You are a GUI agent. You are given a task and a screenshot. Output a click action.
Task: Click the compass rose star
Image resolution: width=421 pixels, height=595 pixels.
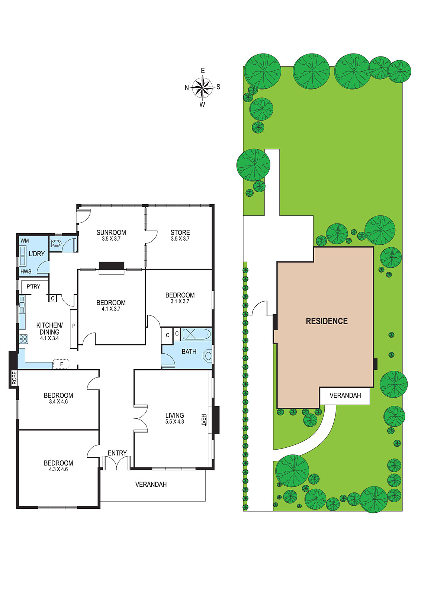coord(202,87)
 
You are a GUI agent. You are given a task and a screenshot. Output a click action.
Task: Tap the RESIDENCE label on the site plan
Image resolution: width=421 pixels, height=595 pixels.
coord(327,321)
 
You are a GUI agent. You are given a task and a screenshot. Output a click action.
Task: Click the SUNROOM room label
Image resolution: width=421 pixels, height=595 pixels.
coord(111,232)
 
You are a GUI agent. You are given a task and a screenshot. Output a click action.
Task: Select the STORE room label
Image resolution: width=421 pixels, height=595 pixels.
coord(180,232)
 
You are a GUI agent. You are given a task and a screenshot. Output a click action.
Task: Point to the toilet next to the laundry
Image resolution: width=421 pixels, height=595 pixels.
coord(55,243)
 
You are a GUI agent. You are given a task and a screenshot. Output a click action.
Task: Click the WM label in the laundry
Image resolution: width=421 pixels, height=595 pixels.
coord(25,241)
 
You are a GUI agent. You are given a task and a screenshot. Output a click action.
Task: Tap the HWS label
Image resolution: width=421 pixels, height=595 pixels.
coord(26,271)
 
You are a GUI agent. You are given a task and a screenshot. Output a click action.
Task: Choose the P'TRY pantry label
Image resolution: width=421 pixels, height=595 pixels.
coord(33,287)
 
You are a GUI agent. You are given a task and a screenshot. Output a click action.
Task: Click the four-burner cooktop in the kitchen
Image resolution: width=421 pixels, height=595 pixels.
coord(23,339)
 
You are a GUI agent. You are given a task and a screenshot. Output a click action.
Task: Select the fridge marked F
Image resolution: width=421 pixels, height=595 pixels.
coord(61,364)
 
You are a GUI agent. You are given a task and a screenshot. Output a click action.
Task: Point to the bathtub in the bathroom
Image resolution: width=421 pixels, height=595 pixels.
coord(196,334)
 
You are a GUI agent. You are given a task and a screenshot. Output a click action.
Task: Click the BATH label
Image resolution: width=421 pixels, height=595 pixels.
coord(189,352)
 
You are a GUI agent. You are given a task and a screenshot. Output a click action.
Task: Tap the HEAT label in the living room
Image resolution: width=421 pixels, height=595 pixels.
coord(203,420)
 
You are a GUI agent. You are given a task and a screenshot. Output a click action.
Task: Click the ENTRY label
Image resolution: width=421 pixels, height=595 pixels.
coord(117,453)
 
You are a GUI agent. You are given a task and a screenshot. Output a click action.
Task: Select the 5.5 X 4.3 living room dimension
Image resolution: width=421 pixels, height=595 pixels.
coord(174,422)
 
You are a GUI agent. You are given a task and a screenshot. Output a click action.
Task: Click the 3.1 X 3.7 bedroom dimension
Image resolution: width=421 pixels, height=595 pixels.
coord(180,301)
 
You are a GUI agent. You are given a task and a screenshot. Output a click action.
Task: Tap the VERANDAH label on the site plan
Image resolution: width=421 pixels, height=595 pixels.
coord(345,396)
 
